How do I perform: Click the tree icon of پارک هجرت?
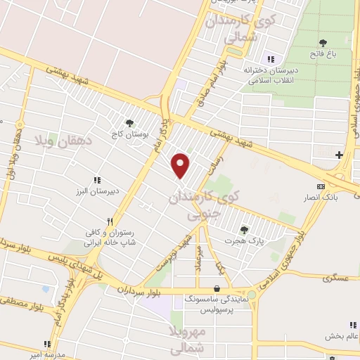click(244, 229)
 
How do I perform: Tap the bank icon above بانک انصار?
click(321, 186)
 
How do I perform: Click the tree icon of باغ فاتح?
click(323, 43)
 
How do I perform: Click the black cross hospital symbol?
click(339, 155)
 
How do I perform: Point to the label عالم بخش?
click(342, 337)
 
